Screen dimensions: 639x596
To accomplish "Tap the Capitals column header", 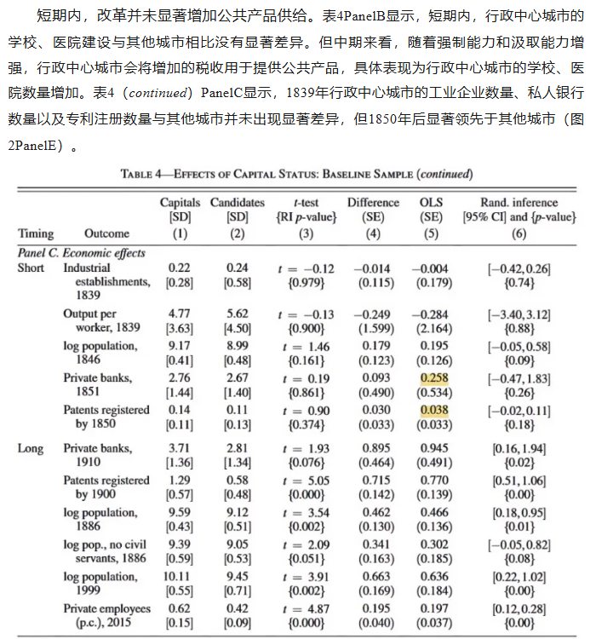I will click(180, 203).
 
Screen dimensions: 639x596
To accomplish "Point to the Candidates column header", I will click(238, 203).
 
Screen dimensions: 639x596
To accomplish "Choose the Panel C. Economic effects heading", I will click(82, 253).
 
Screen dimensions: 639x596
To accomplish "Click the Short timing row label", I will click(32, 268).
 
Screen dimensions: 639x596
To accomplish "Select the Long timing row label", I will click(31, 447).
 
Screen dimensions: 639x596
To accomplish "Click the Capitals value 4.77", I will click(180, 314).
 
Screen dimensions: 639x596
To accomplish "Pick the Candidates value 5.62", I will click(238, 314).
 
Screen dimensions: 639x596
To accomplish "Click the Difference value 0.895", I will click(373, 447).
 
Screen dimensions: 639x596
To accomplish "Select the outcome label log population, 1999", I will click(100, 576).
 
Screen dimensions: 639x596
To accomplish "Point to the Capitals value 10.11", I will click(180, 576).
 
